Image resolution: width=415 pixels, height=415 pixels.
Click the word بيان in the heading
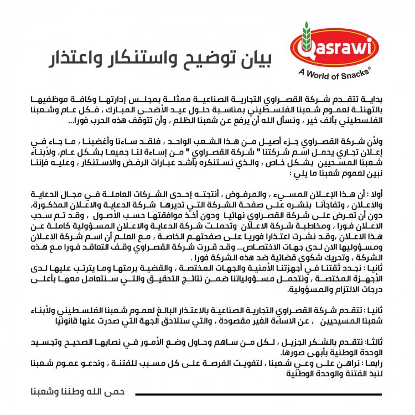point(255,58)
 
